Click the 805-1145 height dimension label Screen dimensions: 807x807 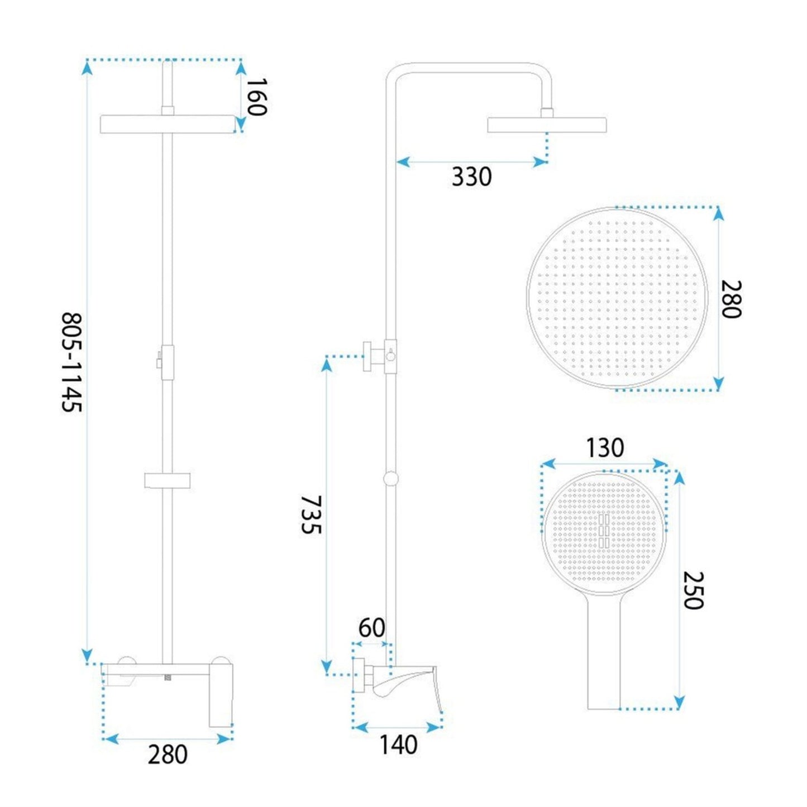tap(71, 362)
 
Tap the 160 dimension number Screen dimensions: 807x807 tap(256, 97)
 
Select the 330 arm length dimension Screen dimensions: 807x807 tap(471, 176)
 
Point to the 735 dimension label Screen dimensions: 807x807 tap(312, 515)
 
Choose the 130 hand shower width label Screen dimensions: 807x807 tap(604, 448)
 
